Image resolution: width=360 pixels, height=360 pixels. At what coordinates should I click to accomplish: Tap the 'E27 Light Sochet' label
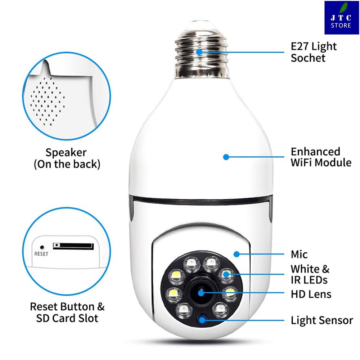click(314, 52)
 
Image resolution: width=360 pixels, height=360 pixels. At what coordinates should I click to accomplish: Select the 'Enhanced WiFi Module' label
click(321, 157)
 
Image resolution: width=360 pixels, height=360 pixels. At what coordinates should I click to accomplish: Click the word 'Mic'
click(299, 255)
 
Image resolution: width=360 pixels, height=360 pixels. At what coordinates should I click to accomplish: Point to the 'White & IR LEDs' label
click(310, 274)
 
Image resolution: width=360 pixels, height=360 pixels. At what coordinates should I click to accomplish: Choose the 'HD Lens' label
click(311, 294)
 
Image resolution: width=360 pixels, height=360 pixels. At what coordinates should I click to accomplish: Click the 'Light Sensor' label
click(322, 320)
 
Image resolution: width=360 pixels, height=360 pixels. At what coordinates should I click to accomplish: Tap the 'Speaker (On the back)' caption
click(67, 158)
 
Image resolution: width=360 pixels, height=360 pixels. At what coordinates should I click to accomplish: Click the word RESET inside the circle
click(41, 253)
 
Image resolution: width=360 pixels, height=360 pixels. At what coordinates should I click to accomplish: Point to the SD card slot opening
click(72, 246)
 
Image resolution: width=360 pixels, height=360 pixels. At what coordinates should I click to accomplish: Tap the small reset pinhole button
click(42, 248)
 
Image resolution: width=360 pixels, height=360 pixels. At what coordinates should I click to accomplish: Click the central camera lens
click(200, 293)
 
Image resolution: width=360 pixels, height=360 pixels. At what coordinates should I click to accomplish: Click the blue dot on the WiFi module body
click(226, 157)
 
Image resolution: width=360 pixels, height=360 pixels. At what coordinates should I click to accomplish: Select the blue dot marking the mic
click(236, 254)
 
